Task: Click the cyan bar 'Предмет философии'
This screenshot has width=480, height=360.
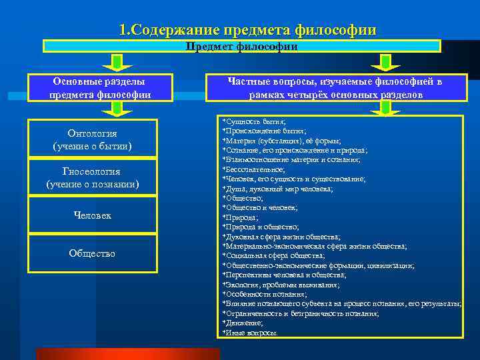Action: (241, 47)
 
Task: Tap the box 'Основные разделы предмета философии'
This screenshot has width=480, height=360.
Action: (100, 88)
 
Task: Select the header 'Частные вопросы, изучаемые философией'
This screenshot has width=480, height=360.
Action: (335, 88)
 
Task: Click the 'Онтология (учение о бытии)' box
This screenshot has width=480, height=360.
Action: (92, 139)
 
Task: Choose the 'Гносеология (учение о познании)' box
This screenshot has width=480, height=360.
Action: (92, 177)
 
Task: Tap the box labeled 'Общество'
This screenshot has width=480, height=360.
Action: (92, 253)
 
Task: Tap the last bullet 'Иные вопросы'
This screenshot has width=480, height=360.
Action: (251, 332)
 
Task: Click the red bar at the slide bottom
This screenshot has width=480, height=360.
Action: (127, 354)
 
